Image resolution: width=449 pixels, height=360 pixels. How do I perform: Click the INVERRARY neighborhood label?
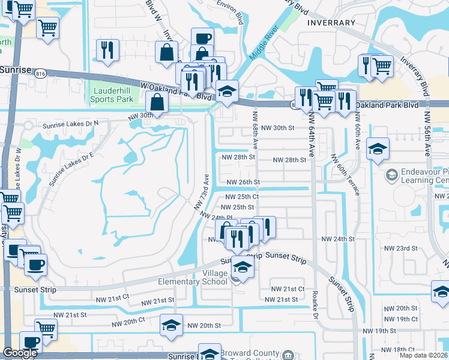click(x=331, y=23)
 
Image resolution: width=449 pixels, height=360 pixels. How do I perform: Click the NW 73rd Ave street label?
click(x=202, y=192)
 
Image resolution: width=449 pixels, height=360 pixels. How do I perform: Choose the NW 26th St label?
click(x=243, y=182)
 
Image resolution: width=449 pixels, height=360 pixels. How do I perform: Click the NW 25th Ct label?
click(x=242, y=197)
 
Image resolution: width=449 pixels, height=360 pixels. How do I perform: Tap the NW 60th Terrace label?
click(x=346, y=174)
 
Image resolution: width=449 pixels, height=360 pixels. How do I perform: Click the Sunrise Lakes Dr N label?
click(x=70, y=125)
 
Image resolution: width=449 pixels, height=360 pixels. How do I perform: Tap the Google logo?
click(x=20, y=353)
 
